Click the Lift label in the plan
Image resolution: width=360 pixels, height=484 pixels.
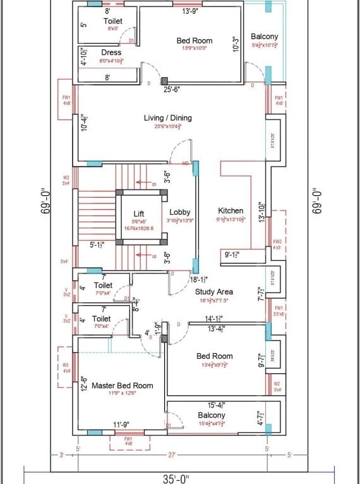pos(138,214)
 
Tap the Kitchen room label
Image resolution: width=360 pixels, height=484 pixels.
pos(231,210)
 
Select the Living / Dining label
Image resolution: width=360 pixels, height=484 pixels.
pos(167,118)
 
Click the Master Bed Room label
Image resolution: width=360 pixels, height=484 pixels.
pos(123,385)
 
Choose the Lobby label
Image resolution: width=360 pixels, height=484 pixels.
pos(180,212)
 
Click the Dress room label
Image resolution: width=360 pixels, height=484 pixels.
pos(111,52)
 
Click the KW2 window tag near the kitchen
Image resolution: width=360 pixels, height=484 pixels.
pos(276,241)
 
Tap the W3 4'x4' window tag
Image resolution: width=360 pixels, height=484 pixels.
pos(65,368)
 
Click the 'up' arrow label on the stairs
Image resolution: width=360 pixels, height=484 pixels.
pos(153,256)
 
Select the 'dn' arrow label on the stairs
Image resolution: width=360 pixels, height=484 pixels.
pos(153,184)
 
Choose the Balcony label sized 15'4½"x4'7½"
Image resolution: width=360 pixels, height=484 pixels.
pos(212,415)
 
